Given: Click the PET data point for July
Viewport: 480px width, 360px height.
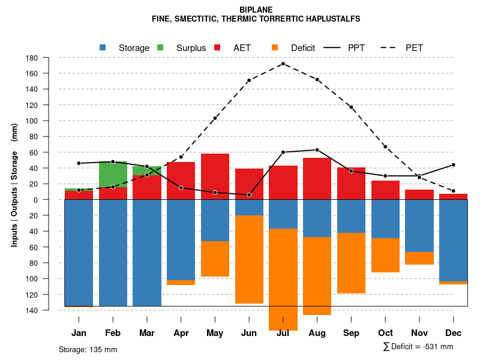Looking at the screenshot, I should click(283, 64).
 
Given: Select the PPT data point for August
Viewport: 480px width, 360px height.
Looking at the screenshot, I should click(317, 150).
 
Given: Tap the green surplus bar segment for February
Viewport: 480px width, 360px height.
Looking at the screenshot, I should click(113, 174).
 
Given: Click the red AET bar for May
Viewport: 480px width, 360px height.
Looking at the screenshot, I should click(215, 176).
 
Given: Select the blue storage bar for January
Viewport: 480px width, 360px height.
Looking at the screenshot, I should click(79, 253).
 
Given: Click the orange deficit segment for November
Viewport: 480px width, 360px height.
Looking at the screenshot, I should click(419, 258).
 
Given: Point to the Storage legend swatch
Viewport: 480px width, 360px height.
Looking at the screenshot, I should click(103, 48).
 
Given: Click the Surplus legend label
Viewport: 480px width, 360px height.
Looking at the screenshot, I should click(191, 48).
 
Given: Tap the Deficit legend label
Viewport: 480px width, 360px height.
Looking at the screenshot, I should click(303, 48).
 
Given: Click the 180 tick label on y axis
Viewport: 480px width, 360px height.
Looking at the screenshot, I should click(32, 58).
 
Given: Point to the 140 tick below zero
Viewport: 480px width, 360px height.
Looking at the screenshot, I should click(32, 310).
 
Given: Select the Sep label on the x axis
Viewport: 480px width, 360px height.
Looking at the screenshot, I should click(351, 333).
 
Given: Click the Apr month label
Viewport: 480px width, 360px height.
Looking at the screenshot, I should click(181, 333).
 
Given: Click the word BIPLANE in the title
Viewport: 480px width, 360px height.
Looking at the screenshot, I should click(256, 10).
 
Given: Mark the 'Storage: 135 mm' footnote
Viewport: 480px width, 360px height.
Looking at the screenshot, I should click(88, 349).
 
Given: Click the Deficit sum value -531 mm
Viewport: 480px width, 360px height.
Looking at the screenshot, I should click(438, 347).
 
